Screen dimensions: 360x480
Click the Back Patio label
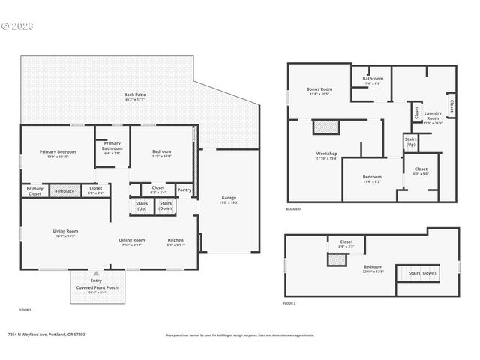click(135, 95)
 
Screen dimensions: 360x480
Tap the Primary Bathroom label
click(112, 145)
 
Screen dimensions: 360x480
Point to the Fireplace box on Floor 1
click(65, 191)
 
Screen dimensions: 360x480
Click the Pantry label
click(184, 190)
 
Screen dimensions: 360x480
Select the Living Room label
click(65, 231)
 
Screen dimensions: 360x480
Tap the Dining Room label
click(131, 240)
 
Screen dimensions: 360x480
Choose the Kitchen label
click(175, 240)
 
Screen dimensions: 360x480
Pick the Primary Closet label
click(35, 191)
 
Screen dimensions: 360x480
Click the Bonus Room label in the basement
click(319, 89)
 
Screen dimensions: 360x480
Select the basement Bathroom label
click(373, 78)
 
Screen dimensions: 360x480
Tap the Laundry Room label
click(433, 115)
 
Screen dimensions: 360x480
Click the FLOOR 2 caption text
click(289, 304)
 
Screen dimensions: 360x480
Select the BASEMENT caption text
click(294, 209)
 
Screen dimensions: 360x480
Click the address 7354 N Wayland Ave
click(46, 334)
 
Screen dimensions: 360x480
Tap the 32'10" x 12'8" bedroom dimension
click(373, 271)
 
